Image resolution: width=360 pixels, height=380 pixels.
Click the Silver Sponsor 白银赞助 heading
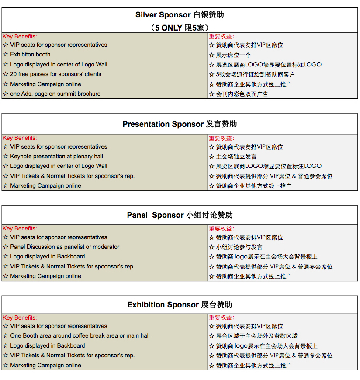point(180,15)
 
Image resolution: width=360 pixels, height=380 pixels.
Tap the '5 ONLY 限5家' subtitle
point(180,27)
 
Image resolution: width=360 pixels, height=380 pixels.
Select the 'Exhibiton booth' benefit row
point(30,55)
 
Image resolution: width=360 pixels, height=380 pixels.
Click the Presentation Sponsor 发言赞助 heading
point(180,124)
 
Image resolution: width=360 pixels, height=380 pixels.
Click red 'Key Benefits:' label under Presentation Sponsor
point(20,138)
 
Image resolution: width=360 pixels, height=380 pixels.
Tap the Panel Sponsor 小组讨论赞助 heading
point(180,215)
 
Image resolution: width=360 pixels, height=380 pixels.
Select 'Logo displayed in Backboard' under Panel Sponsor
point(47,257)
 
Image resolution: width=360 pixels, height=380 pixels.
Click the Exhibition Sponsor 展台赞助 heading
point(180,305)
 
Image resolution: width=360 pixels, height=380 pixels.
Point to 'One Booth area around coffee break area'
point(80,336)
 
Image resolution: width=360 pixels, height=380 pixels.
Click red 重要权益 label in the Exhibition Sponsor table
point(221,318)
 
